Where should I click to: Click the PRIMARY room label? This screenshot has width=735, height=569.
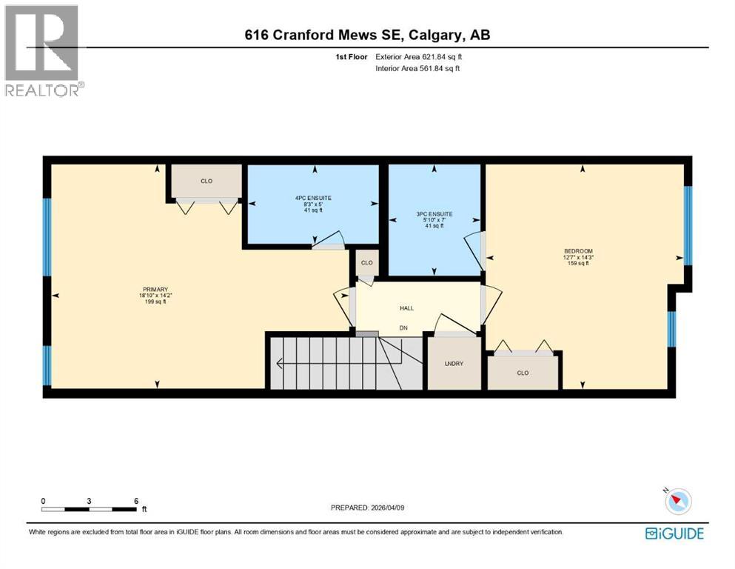tap(156, 290)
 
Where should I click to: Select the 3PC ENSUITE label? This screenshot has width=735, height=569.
tap(434, 214)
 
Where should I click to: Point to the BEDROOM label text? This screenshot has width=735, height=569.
tap(578, 251)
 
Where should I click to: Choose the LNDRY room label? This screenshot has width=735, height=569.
tap(454, 363)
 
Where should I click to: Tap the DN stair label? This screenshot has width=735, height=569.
tap(403, 327)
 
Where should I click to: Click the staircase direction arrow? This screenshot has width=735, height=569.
tap(280, 363)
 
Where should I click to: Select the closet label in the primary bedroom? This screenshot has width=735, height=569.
tap(206, 180)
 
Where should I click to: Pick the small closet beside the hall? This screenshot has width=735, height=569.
tap(366, 263)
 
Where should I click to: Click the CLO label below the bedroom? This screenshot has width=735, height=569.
tap(523, 373)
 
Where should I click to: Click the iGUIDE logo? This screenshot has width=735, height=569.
tap(674, 533)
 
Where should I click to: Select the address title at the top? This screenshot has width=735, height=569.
tap(368, 35)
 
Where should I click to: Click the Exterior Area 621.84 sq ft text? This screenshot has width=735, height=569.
tap(422, 56)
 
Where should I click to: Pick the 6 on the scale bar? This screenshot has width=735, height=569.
tap(135, 501)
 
